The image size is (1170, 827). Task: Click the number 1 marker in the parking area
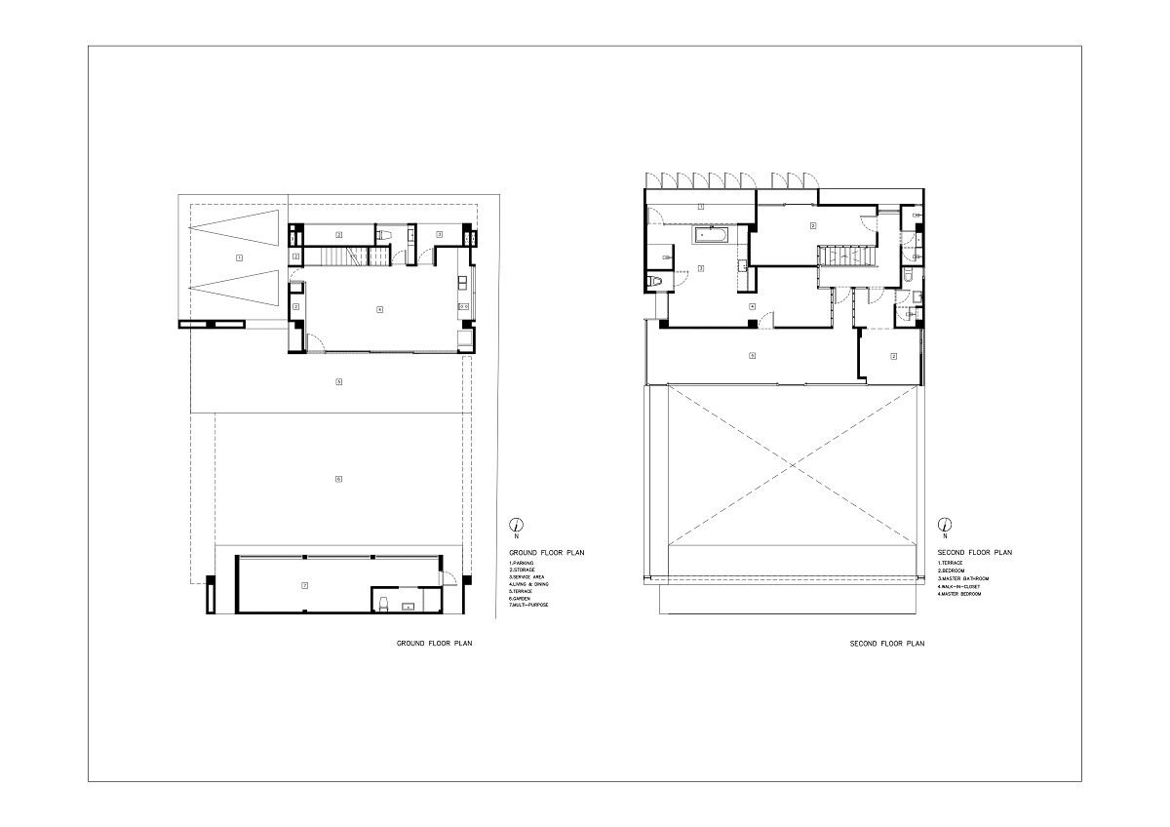(239, 257)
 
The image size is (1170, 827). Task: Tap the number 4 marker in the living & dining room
(379, 309)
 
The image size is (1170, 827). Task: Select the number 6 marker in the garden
(338, 479)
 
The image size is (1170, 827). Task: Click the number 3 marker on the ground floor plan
(440, 234)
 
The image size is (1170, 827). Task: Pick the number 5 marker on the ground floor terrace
(338, 381)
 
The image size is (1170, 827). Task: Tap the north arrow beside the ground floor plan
(517, 525)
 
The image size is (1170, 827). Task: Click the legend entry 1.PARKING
(523, 564)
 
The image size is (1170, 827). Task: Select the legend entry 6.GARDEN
(523, 598)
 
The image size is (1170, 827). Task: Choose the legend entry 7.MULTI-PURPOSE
(529, 606)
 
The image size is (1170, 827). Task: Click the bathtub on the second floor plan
(714, 235)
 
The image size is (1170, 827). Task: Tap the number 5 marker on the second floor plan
(752, 355)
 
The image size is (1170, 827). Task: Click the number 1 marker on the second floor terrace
(701, 207)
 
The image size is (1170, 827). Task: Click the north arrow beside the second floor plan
(944, 525)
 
